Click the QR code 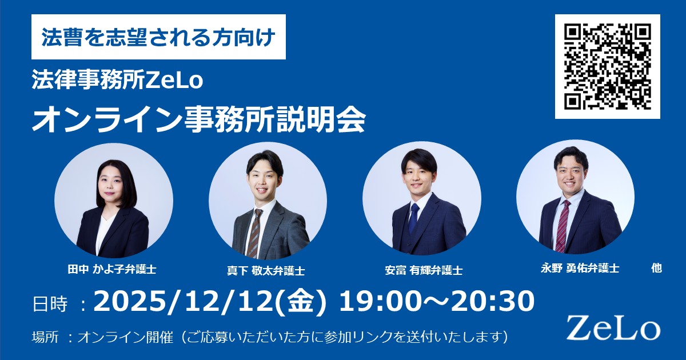pos(608,66)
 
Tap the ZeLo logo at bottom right pos(613,329)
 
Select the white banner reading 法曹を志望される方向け pos(159,37)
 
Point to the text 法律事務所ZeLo pos(117,80)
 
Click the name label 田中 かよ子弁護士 pos(112,269)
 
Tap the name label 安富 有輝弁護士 pos(424,270)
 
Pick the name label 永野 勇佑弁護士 pos(580,269)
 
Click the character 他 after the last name pos(657,269)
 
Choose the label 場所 pos(45,337)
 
